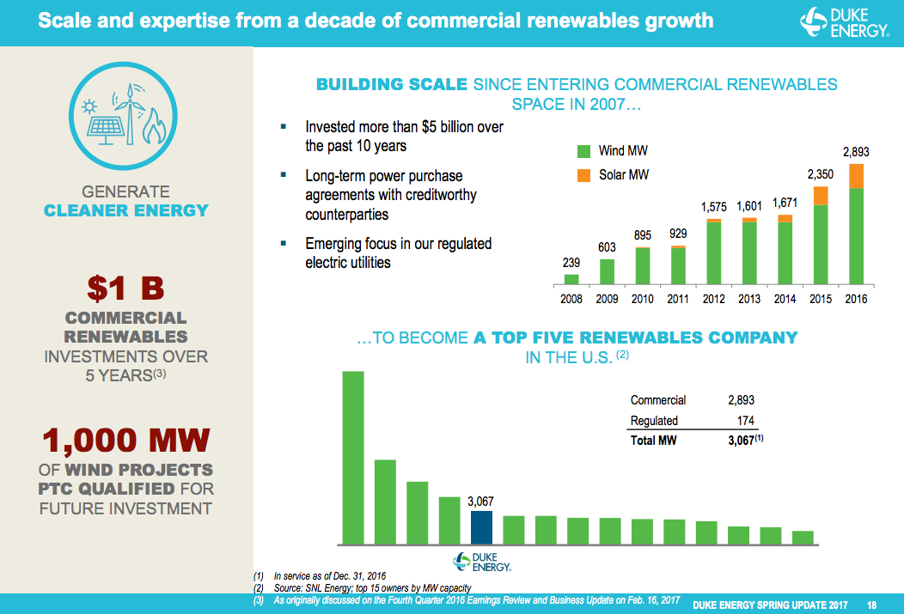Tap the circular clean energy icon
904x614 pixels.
point(125,110)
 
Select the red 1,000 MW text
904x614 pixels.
point(126,441)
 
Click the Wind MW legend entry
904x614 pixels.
point(611,151)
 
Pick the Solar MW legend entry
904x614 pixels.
point(611,174)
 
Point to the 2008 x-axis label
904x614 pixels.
point(571,299)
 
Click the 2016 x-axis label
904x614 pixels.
point(856,299)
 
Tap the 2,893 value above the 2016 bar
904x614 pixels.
point(856,152)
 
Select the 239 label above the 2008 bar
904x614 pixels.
point(571,263)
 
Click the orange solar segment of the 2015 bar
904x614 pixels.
point(821,196)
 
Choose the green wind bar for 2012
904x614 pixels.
point(713,253)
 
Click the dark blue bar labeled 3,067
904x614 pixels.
point(481,527)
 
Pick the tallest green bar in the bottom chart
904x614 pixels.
point(353,458)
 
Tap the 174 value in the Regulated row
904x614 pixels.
point(744,421)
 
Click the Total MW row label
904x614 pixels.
point(654,441)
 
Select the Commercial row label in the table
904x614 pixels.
point(657,400)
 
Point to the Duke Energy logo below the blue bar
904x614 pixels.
point(482,562)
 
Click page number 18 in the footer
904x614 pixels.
point(872,605)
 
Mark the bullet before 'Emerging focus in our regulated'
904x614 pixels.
point(283,243)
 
